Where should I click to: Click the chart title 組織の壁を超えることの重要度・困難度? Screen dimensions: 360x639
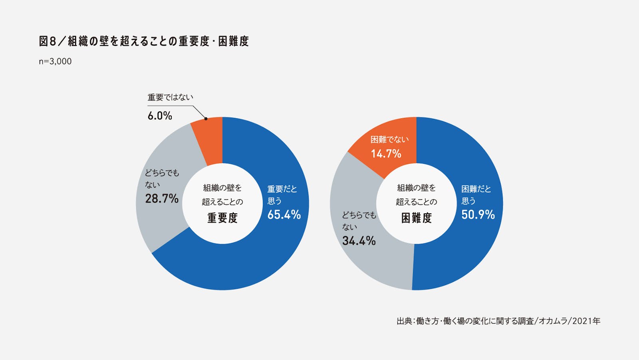[x=144, y=41]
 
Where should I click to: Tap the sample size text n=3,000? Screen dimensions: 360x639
[x=55, y=62]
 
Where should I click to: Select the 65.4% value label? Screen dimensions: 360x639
[x=284, y=215]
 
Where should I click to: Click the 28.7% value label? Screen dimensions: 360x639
[x=162, y=199]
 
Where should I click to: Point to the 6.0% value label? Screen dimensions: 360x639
[x=160, y=116]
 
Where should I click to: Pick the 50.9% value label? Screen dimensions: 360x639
[x=478, y=215]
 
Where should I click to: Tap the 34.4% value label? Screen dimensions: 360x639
[x=359, y=241]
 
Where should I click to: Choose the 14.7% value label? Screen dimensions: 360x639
[x=386, y=154]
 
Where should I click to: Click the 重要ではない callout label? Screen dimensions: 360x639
[x=170, y=97]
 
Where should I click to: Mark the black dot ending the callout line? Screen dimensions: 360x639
[x=206, y=119]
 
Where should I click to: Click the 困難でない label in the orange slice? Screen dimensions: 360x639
[x=389, y=139]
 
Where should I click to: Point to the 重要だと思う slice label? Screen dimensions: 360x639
[x=282, y=195]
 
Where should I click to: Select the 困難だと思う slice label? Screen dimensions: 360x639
[x=476, y=195]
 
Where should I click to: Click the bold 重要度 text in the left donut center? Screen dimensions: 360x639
[x=222, y=218]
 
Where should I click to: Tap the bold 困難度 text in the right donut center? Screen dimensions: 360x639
[x=417, y=218]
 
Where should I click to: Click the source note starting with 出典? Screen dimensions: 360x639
[x=498, y=321]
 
